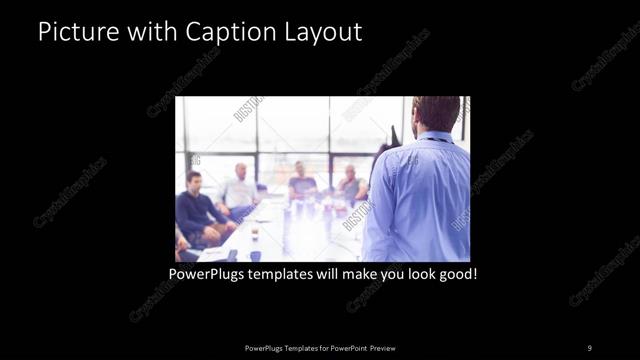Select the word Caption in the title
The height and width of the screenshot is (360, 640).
click(223, 32)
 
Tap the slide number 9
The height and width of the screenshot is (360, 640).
click(589, 347)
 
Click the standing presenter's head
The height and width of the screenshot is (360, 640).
click(436, 112)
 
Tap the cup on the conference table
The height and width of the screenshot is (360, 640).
click(254, 237)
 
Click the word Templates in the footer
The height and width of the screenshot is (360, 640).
click(289, 347)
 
